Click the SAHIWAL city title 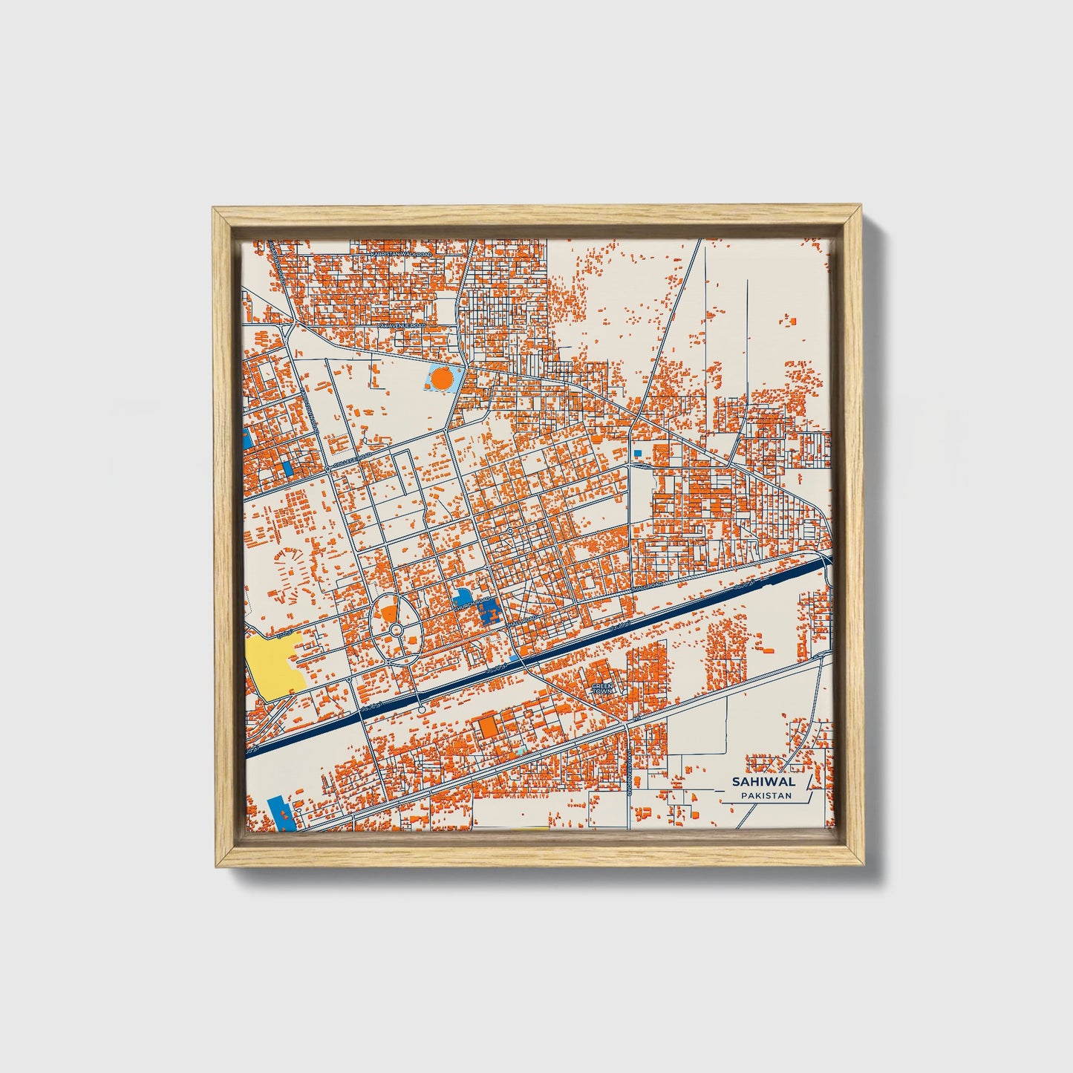coord(763,781)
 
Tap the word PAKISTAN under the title coord(766,796)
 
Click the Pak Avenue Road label coord(402,326)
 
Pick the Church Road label coord(473,604)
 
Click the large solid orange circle coord(441,379)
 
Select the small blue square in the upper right coord(637,452)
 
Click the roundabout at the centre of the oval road coord(396,630)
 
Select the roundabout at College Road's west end coord(327,469)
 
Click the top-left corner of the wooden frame coord(213,209)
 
